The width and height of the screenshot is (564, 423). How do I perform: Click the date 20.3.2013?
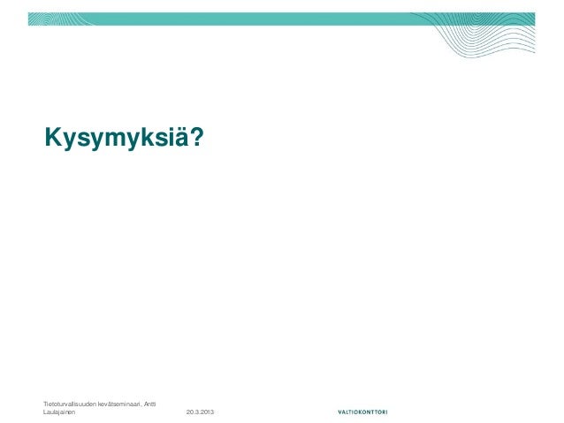click(205, 412)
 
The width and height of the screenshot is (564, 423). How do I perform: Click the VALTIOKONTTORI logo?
click(367, 412)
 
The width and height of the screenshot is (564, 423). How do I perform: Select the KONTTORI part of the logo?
click(379, 412)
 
